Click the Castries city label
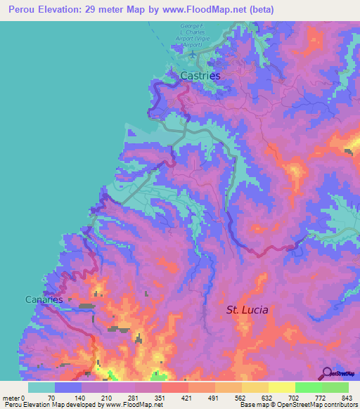tap(200, 75)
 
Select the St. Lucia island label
tap(247, 309)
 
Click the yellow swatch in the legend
tap(281, 387)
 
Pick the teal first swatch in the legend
tap(41, 387)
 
